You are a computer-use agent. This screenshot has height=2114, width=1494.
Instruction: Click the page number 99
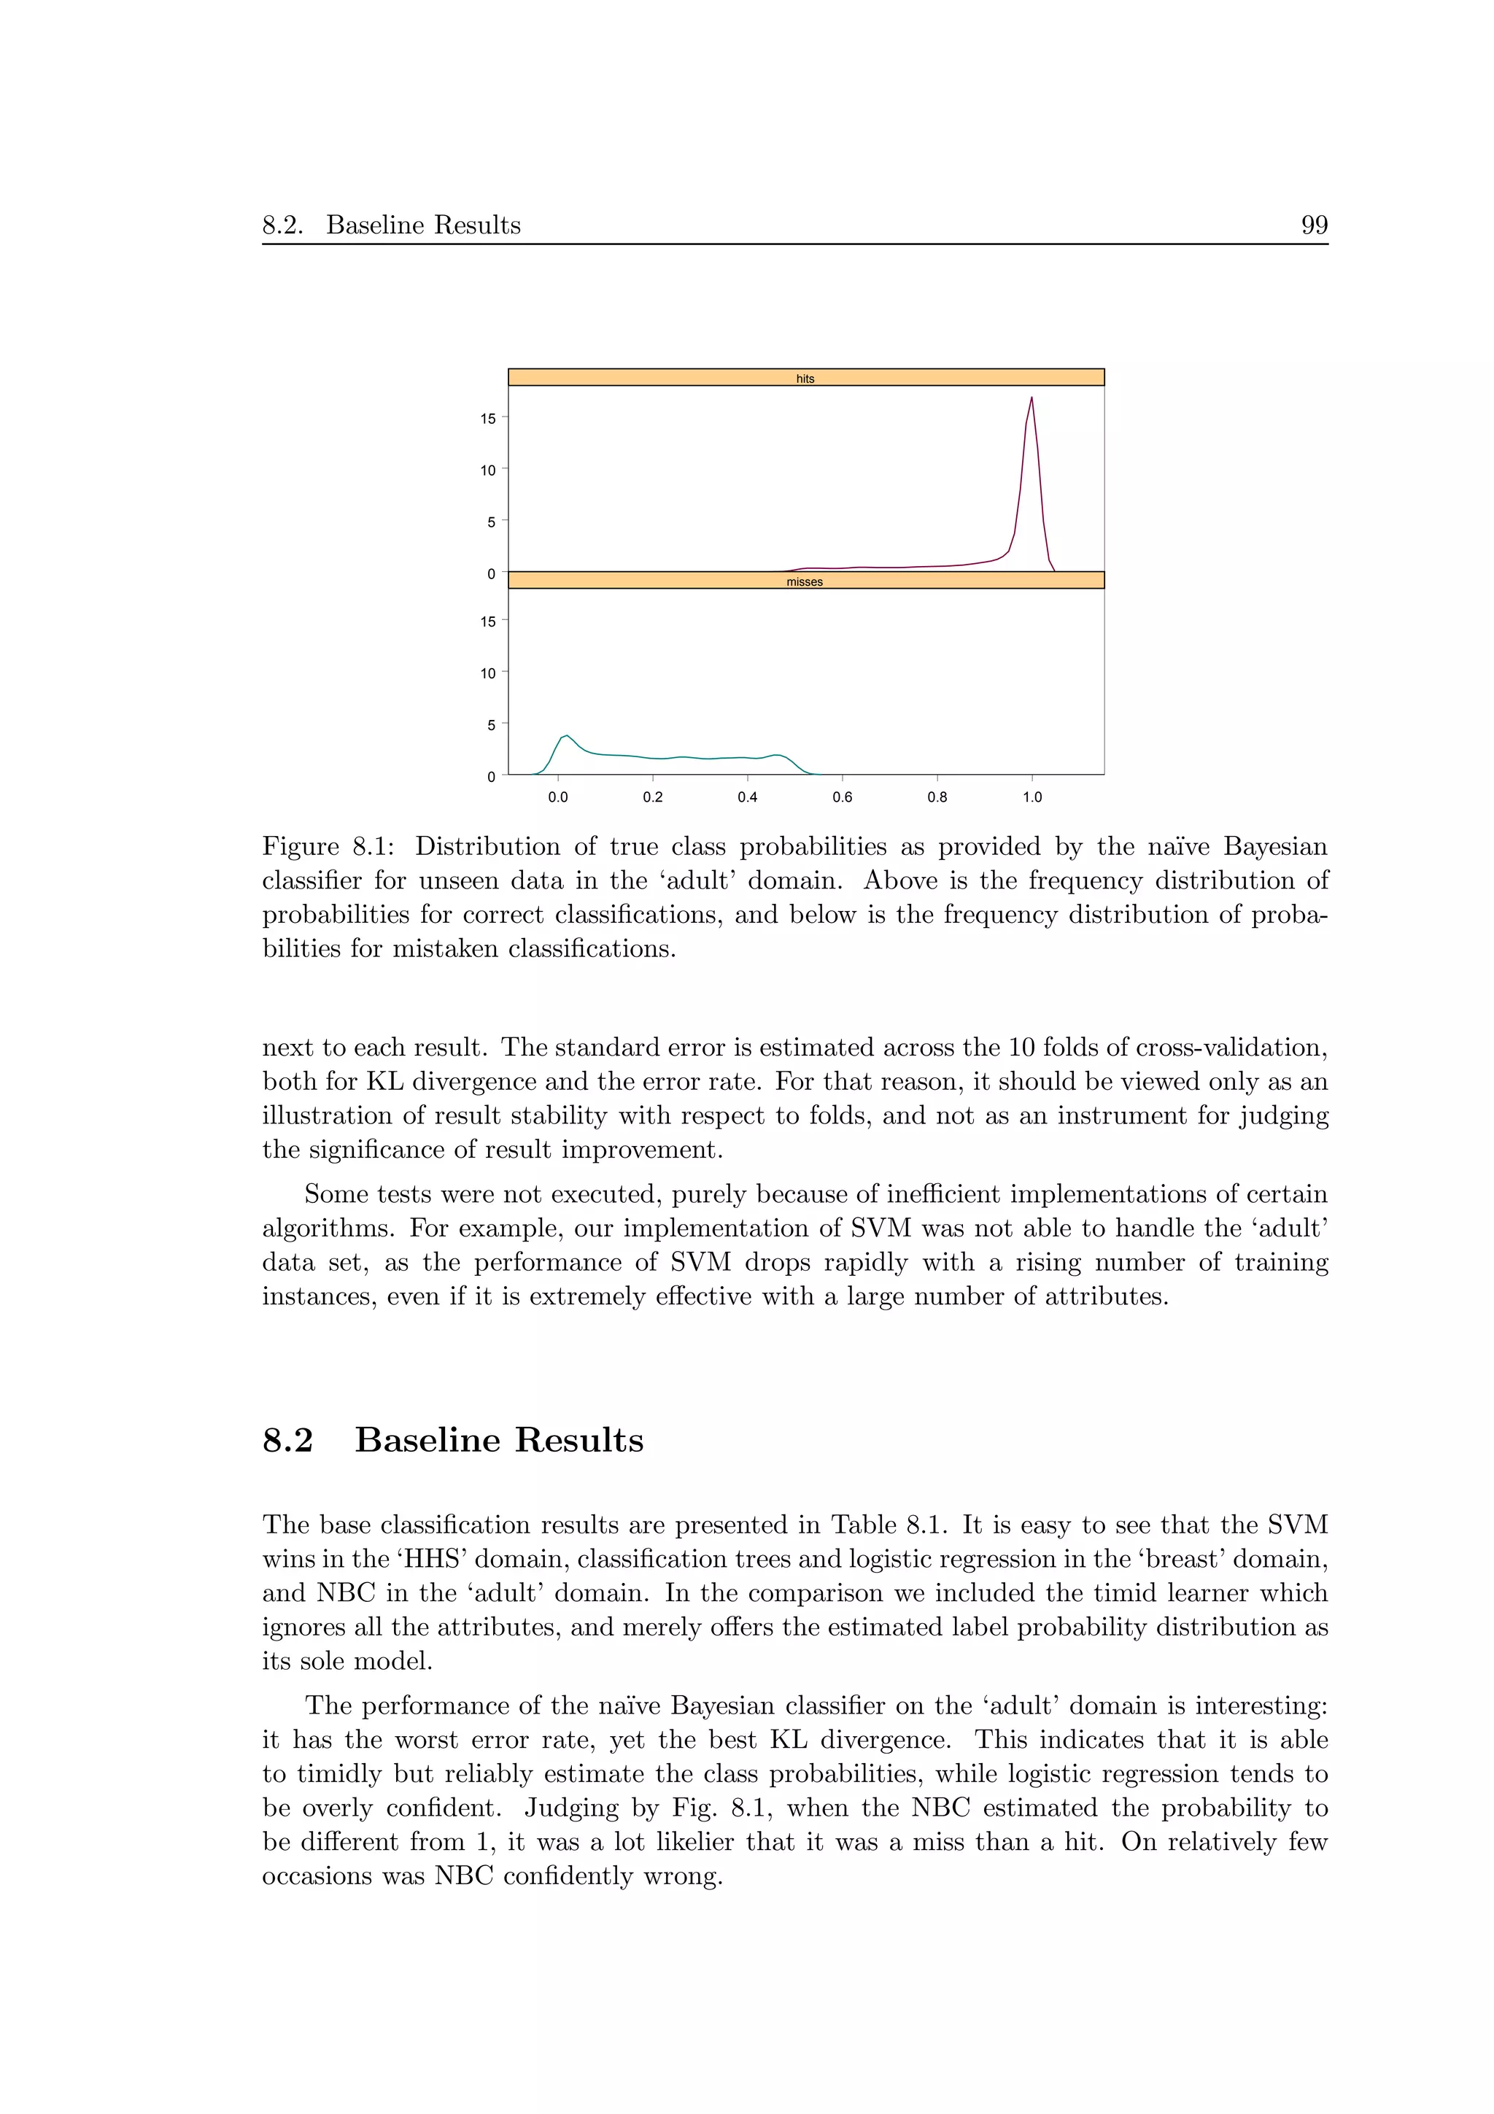pos(1314,225)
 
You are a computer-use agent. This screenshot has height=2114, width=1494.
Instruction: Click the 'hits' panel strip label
pos(805,379)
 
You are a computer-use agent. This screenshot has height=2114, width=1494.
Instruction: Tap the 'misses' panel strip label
pos(804,582)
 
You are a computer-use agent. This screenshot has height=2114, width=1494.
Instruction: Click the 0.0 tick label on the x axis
pos(558,797)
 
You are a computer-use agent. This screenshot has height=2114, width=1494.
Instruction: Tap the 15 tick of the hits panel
pos(488,418)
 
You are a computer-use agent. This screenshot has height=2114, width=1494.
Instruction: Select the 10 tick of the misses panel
pos(488,673)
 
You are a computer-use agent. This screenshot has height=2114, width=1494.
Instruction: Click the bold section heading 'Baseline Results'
pos(499,1440)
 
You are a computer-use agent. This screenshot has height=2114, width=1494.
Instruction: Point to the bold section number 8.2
pos(287,1440)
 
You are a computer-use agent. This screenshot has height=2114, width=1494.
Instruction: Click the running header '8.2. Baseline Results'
pos(391,225)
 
